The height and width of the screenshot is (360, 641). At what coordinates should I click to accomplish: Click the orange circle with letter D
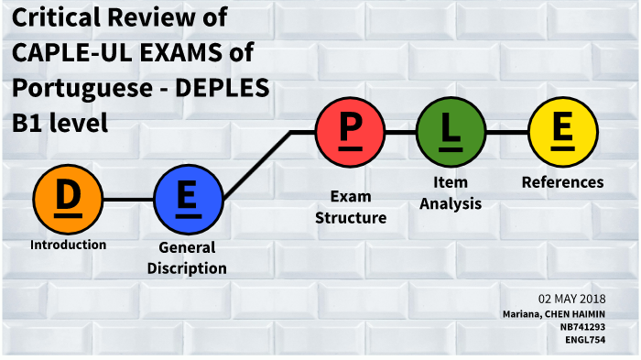pos(68,199)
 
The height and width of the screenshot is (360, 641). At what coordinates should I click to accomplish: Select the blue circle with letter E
pos(188,199)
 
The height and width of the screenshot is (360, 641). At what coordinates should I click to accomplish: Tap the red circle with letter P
pos(350,132)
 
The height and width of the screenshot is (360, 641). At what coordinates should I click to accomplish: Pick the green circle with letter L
pos(451,132)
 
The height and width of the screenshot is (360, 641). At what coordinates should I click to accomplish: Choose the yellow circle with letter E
pos(563,132)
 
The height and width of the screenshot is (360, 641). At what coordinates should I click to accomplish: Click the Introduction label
pos(68,245)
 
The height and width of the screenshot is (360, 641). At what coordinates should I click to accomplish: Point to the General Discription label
pos(187,257)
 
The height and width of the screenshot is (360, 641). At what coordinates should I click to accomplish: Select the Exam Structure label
pos(351,207)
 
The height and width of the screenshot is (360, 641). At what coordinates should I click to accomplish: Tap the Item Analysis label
pos(451,194)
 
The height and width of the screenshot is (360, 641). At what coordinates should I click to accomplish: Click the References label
pos(562,182)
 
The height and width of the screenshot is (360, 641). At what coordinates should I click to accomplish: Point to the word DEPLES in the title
pos(225,88)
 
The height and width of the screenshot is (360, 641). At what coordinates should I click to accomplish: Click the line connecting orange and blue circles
pos(128,199)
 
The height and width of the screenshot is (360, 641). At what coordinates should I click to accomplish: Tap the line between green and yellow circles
pos(506,132)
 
